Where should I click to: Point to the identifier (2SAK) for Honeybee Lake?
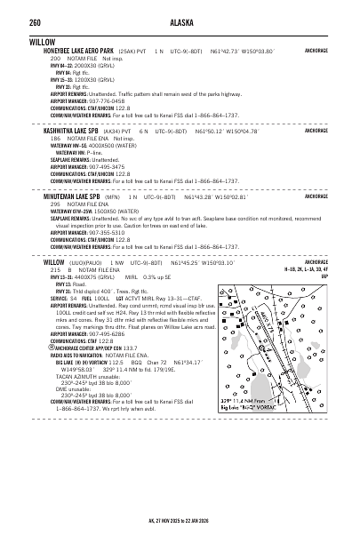click(130, 51)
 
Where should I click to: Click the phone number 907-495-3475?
click(103, 166)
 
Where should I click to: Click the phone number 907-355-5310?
click(103, 233)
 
